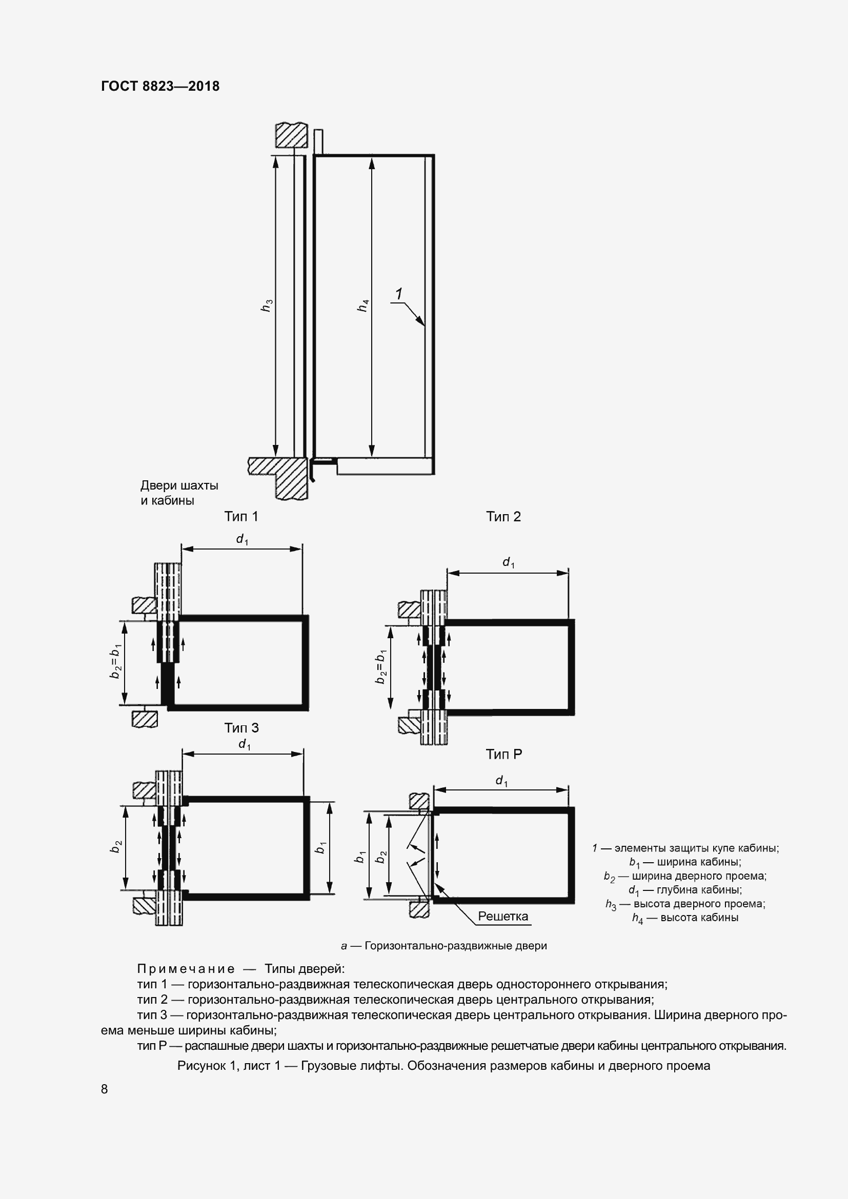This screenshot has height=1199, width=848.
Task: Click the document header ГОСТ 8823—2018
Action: click(x=160, y=86)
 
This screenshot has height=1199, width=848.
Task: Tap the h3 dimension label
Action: click(x=267, y=306)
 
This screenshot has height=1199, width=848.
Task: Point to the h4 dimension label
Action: click(x=363, y=306)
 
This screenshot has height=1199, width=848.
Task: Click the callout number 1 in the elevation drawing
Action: click(x=399, y=294)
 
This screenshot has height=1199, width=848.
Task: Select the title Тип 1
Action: click(x=241, y=517)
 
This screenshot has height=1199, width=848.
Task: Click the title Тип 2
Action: click(x=503, y=517)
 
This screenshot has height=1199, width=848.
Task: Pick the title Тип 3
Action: click(x=241, y=727)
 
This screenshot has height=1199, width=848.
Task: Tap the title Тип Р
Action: click(x=503, y=754)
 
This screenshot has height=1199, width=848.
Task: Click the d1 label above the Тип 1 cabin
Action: click(x=242, y=539)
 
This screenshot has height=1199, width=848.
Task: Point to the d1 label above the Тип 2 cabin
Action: click(x=508, y=562)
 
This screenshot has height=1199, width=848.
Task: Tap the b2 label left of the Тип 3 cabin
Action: click(x=116, y=847)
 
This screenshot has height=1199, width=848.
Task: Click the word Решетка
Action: click(x=503, y=916)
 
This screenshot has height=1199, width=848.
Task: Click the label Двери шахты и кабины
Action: click(x=179, y=493)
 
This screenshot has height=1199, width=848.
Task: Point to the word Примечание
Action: click(x=186, y=969)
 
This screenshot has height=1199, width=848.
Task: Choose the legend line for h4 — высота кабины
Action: click(x=685, y=918)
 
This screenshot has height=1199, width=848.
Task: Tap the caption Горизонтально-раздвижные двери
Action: click(x=444, y=945)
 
